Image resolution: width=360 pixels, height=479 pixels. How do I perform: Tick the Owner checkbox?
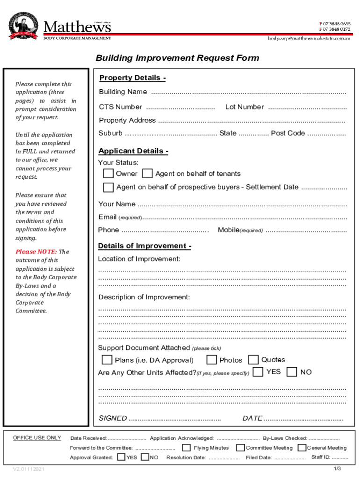108,174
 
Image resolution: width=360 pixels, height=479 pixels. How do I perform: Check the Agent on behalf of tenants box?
147,174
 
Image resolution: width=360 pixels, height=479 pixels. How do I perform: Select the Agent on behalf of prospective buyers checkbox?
108,188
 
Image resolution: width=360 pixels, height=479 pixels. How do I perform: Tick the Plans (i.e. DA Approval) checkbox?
107,360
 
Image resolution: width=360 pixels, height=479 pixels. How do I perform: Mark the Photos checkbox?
212,360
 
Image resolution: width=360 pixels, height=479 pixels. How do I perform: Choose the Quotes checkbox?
253,360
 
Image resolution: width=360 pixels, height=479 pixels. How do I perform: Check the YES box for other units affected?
258,372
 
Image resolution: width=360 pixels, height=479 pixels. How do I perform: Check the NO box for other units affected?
292,372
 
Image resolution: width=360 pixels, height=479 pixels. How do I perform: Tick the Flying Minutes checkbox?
186,448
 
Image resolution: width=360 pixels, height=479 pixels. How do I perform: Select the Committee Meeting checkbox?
240,448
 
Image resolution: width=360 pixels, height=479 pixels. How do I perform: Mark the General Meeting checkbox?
302,448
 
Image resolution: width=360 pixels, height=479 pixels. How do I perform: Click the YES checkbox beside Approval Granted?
121,457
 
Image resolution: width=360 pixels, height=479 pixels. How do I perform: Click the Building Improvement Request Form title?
177,58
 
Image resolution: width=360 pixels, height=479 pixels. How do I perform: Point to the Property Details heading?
132,78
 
